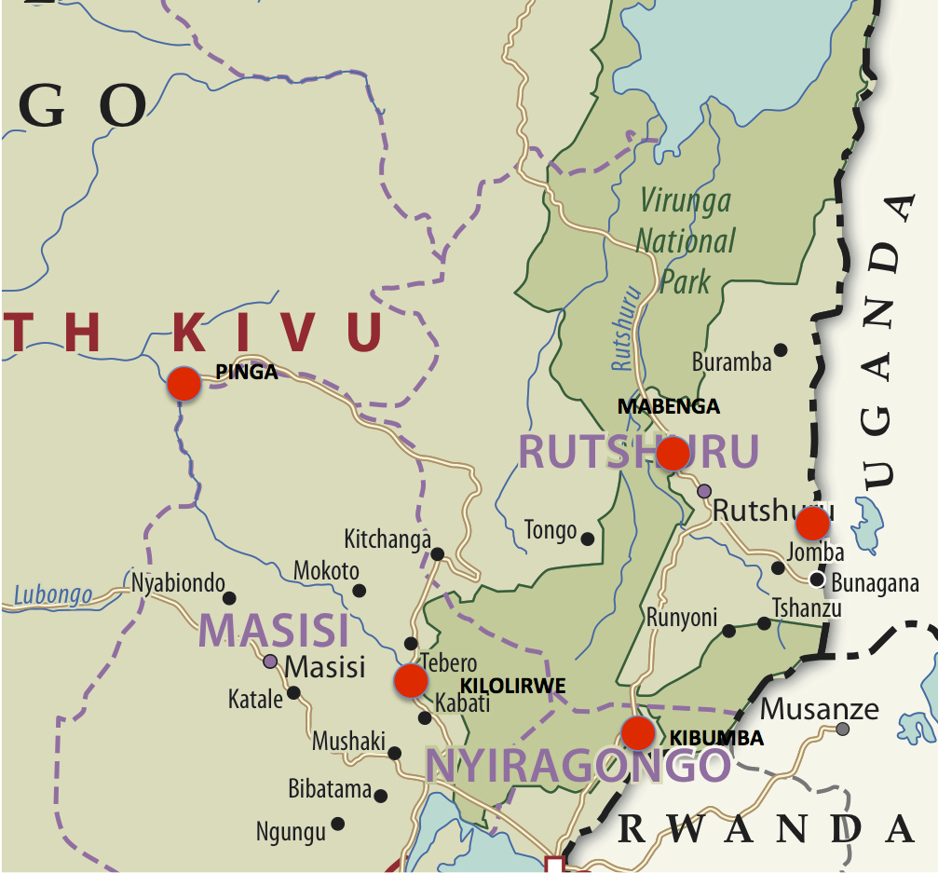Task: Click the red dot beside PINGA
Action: point(184,383)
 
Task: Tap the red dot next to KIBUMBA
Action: point(638,733)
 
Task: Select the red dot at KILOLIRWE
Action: point(411,681)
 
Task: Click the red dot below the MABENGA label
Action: point(673,454)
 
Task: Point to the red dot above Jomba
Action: point(813,523)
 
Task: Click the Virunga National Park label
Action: point(686,240)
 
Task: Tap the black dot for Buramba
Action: point(781,350)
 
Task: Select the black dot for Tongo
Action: point(588,539)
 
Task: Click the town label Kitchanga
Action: point(387,539)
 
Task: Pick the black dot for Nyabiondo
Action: point(229,598)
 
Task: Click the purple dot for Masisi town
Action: point(270,662)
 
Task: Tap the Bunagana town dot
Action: point(817,580)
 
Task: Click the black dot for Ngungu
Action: point(338,824)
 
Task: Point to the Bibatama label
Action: point(330,790)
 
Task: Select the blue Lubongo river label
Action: point(54,594)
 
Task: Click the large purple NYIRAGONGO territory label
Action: point(578,765)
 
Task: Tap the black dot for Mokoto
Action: point(360,591)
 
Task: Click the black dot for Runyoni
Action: point(729,631)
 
